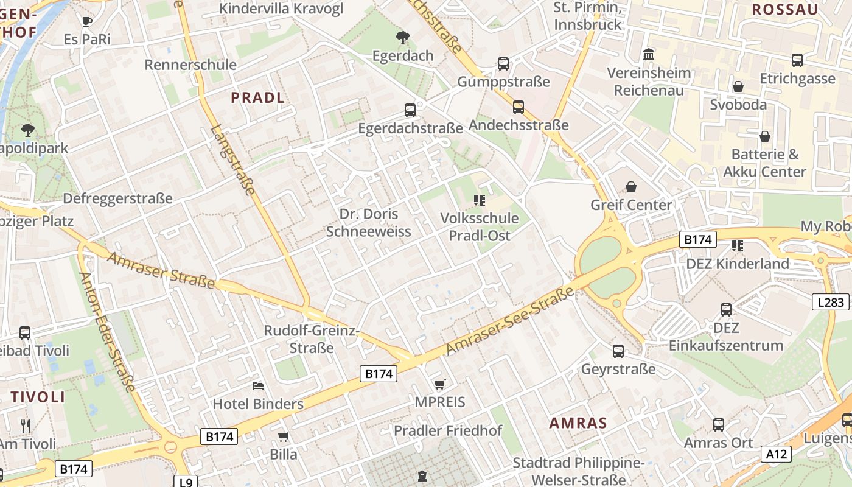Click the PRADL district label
tap(257, 97)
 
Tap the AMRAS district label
tap(578, 423)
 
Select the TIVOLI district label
tap(38, 397)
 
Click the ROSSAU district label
tap(784, 9)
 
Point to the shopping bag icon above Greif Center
tap(631, 186)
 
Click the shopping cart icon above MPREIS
tap(439, 384)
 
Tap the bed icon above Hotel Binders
tap(258, 386)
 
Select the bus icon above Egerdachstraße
tap(410, 110)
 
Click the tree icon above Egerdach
tap(402, 38)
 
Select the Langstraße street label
tap(233, 159)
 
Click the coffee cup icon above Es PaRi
tap(87, 21)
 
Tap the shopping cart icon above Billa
tap(283, 436)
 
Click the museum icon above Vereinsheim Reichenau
tap(649, 55)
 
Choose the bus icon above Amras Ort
tap(718, 425)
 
